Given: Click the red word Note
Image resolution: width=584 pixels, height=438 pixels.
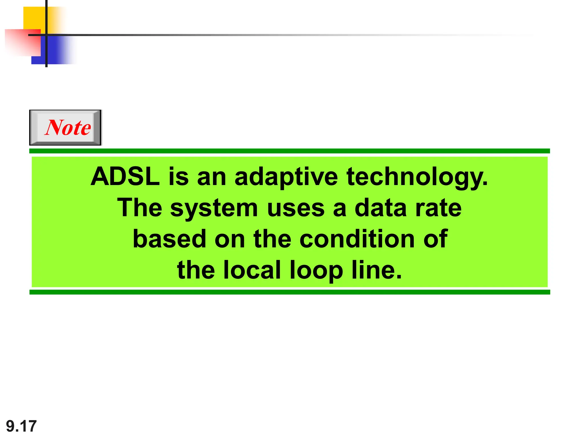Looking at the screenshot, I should (68, 127).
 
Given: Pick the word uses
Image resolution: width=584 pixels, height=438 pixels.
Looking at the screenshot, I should (296, 208).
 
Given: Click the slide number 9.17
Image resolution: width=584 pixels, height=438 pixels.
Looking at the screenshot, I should (21, 426).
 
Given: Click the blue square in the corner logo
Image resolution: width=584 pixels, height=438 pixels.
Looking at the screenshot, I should (57, 51).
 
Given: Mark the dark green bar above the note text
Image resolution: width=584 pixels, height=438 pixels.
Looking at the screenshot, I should (289, 151).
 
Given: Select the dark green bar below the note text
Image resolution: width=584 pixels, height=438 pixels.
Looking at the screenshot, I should (289, 292).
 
